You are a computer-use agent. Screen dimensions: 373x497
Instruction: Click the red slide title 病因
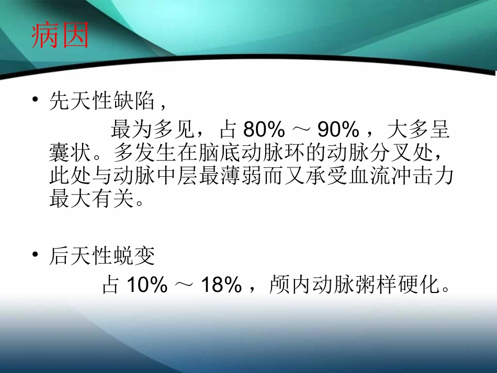click(x=60, y=36)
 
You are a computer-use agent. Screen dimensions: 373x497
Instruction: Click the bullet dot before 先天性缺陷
click(x=35, y=100)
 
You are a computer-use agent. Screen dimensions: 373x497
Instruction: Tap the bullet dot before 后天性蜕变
click(x=35, y=255)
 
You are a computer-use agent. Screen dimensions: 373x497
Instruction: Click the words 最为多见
click(x=143, y=130)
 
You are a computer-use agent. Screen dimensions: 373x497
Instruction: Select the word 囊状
click(x=65, y=153)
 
